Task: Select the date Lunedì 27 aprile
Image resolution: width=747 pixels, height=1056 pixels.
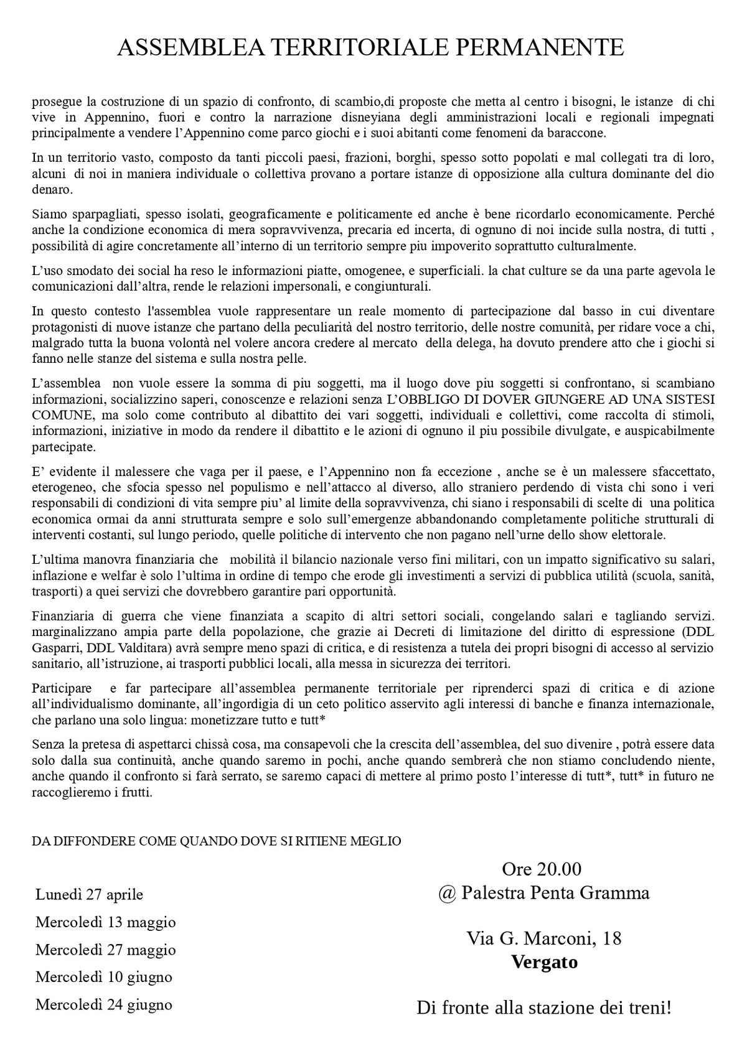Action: pos(89,894)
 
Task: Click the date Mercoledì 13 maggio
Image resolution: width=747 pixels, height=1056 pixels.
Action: pos(105,922)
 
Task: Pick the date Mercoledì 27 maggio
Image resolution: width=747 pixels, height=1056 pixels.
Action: pos(105,950)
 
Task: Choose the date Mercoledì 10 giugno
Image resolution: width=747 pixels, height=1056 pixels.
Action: pos(103,976)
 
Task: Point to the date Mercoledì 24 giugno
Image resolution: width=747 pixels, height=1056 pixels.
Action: pos(103,1004)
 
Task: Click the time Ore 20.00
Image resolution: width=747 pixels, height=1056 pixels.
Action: pos(541,869)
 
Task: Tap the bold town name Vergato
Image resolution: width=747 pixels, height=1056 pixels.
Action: pos(544,962)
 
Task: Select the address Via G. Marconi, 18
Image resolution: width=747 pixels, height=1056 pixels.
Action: pos(544,938)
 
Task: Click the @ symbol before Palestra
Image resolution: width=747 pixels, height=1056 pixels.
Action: pos(447,894)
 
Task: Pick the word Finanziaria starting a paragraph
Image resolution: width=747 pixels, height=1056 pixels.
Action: pos(63,616)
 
